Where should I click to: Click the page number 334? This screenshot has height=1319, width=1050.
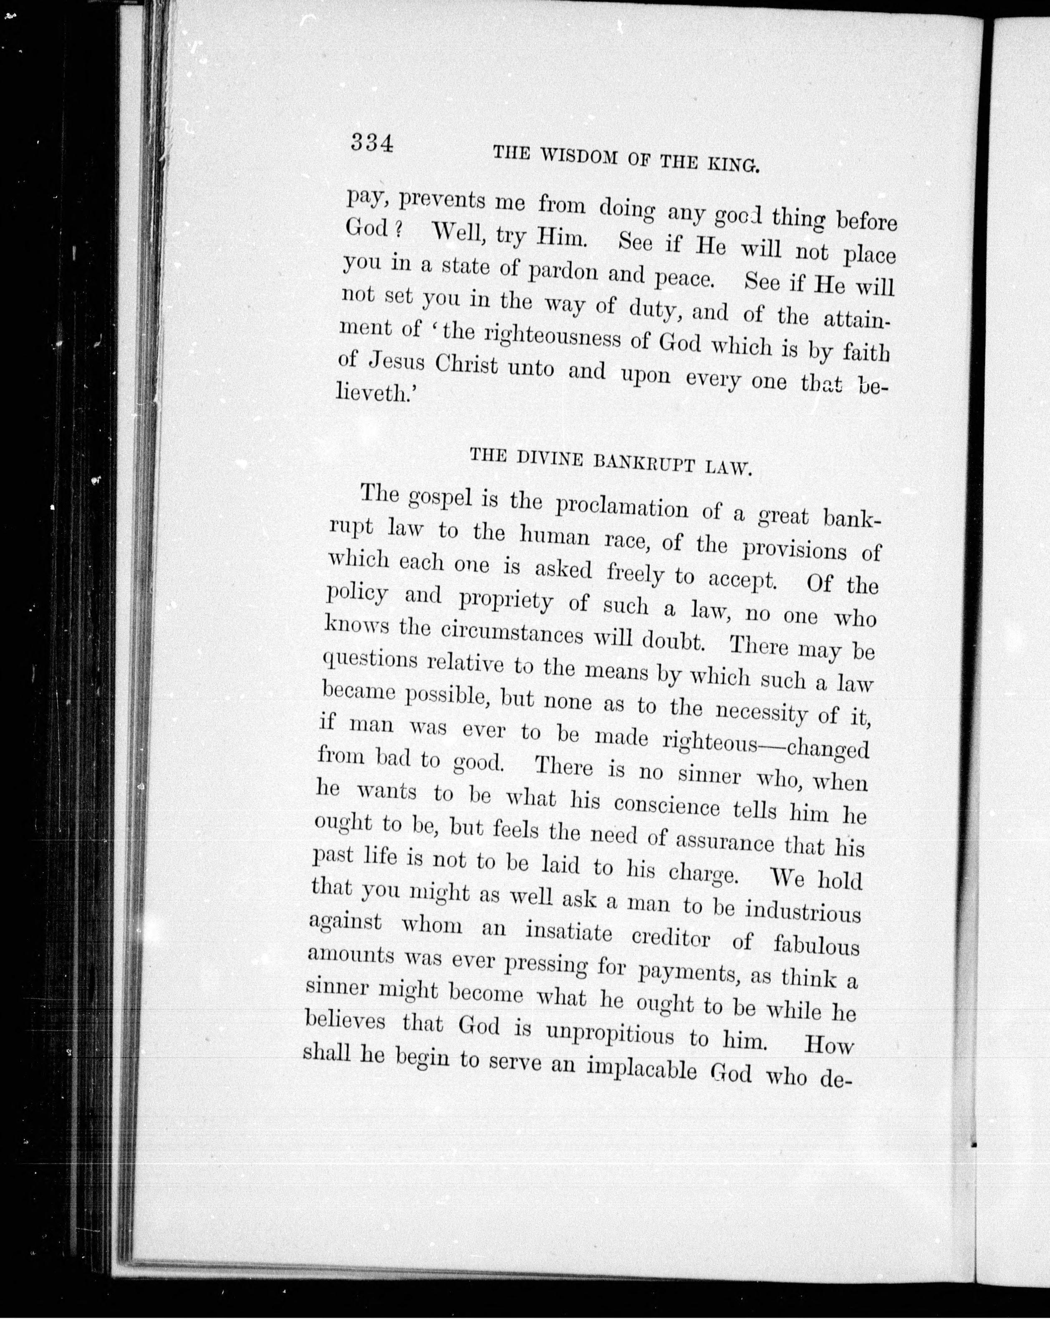(x=371, y=144)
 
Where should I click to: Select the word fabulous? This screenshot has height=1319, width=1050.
(x=816, y=945)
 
